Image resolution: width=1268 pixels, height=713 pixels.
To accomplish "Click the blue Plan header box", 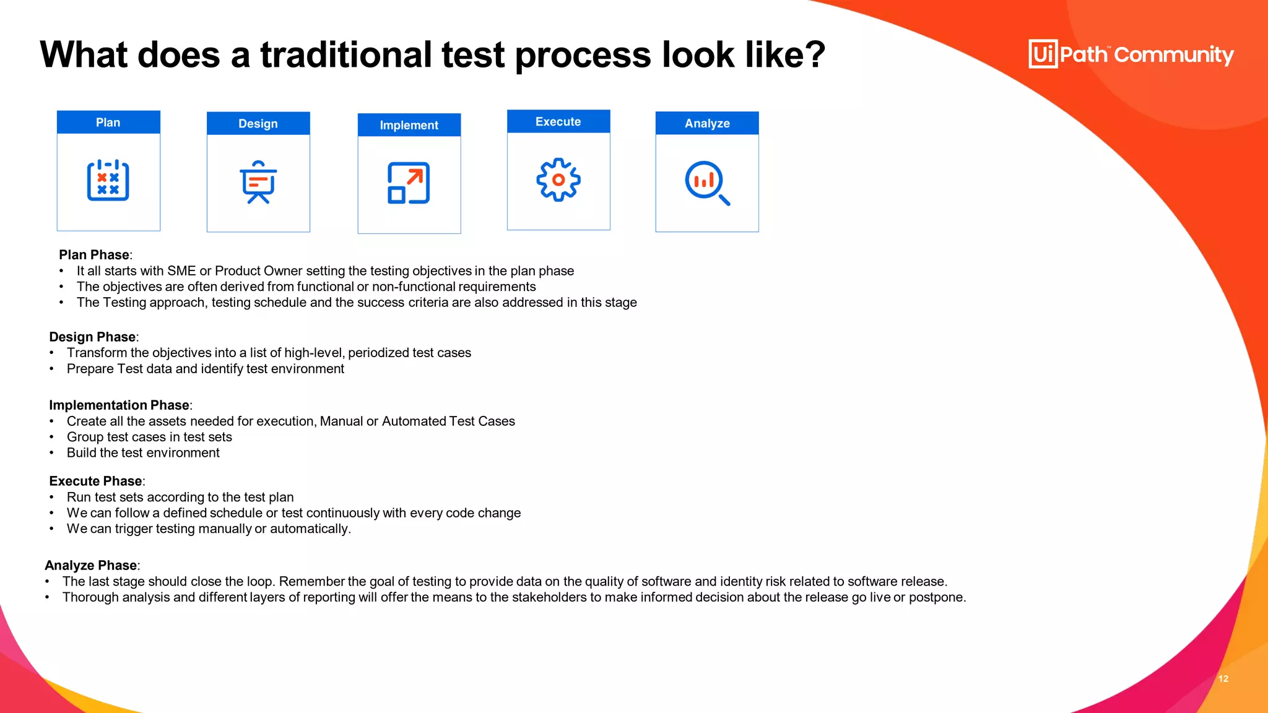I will point(108,123).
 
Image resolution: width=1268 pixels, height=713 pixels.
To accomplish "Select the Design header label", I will point(258,124).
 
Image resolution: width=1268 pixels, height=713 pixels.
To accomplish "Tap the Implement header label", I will point(409,125).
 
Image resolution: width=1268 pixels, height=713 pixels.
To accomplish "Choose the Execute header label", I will point(558,122).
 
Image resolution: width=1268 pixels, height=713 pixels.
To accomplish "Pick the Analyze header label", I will point(707,123).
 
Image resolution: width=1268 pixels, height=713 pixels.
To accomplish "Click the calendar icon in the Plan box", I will point(108,181).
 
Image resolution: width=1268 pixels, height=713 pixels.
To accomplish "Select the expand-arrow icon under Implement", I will point(409,183).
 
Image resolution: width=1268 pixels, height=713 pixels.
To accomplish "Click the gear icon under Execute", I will point(558,179).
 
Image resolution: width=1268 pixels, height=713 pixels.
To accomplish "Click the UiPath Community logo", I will point(1131,54).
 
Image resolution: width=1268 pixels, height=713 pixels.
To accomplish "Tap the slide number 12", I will point(1223,679).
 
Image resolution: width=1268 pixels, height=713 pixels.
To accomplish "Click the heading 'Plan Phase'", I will point(94,255).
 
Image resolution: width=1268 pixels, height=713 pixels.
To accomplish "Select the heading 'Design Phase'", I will point(92,337).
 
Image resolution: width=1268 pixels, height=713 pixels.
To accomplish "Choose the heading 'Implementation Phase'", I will point(119,405).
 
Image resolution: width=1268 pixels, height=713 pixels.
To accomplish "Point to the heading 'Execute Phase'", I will point(95,482).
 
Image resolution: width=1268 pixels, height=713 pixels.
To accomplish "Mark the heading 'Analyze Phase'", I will point(90,566).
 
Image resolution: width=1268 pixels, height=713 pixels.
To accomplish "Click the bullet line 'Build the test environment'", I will point(143,453).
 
